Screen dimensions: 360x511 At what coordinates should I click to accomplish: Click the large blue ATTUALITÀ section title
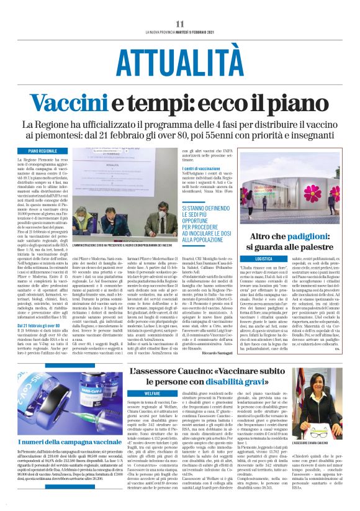click(179, 62)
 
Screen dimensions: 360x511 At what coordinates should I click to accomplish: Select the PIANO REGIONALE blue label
click(60, 151)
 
